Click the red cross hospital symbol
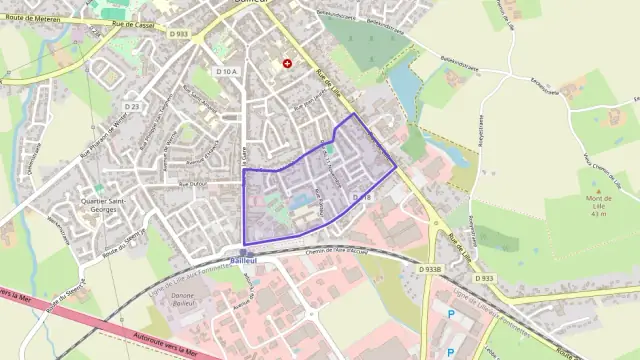pos(288,63)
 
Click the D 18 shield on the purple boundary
pos(362,198)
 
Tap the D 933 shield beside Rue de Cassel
pos(179,34)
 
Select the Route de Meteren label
pos(35,18)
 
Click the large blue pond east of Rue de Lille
pos(403,83)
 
